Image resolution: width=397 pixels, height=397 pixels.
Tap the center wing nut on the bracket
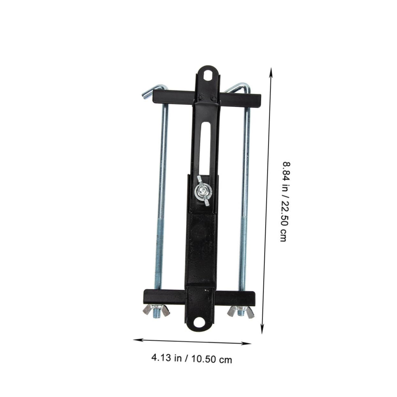pos(202,191)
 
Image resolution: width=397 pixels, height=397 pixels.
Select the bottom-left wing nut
pos(156,311)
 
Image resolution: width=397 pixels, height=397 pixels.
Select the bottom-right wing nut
pos(241,311)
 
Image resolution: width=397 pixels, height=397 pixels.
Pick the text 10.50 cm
pos(212,359)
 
